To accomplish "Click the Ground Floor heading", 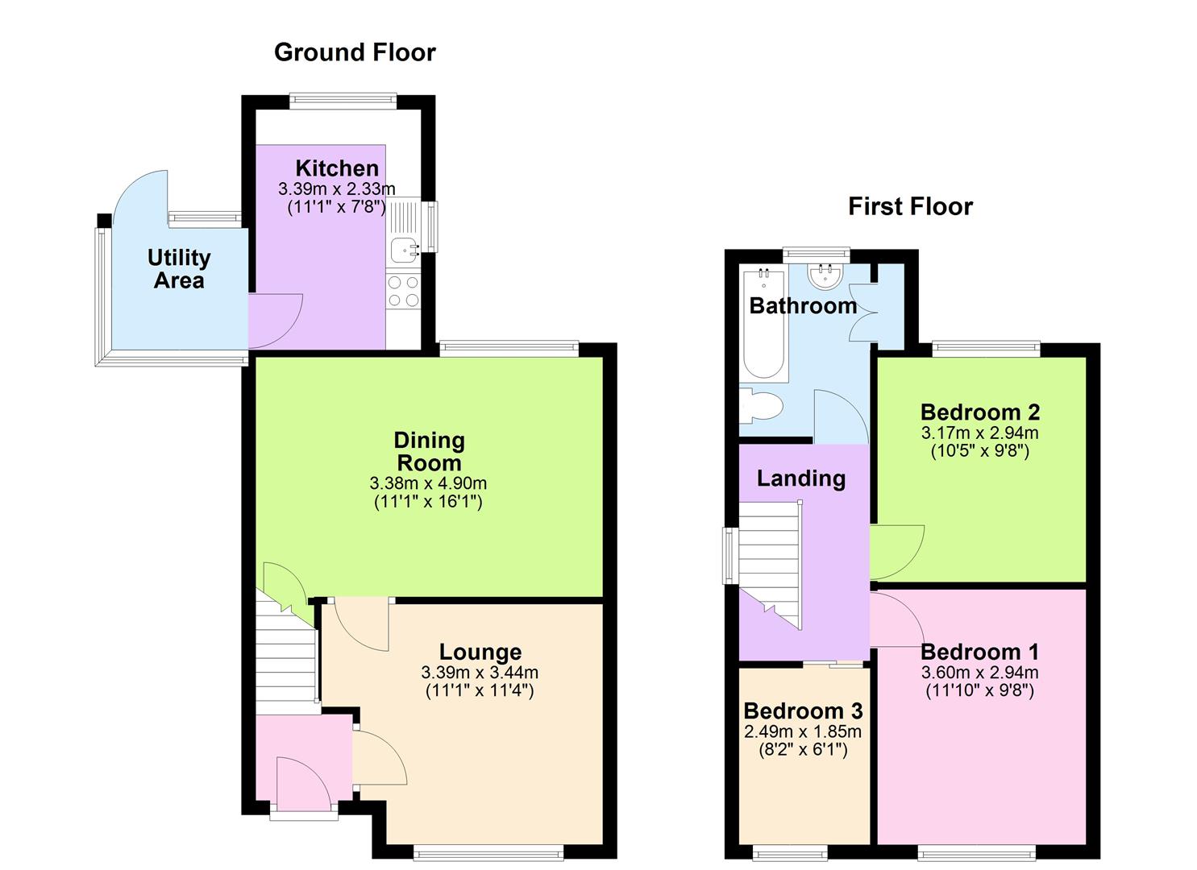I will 355,52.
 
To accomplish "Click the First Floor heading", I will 910,207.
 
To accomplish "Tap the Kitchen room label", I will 337,168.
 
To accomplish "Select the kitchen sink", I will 403,250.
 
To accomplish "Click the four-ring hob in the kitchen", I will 403,291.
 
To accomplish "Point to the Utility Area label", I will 179,269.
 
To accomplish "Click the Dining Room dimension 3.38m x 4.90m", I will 428,484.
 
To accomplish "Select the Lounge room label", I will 480,652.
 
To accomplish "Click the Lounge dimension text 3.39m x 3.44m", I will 480,673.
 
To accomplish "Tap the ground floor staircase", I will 286,657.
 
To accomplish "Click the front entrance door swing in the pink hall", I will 300,781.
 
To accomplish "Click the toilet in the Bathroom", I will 760,405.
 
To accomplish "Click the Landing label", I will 800,478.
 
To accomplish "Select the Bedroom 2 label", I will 979,412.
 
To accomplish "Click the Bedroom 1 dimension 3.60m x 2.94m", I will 979,673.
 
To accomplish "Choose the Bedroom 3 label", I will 803,711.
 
